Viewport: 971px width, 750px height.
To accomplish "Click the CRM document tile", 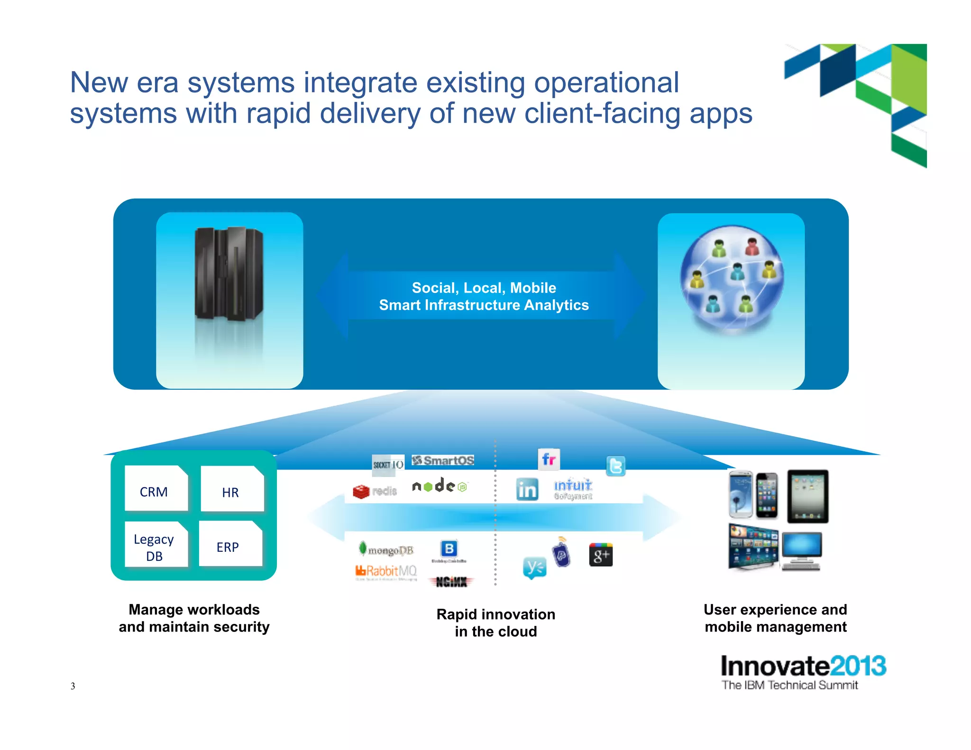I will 156,488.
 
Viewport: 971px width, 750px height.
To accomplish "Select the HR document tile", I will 232,489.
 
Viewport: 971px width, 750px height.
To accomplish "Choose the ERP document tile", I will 230,544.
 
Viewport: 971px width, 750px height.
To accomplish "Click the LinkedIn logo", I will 527,489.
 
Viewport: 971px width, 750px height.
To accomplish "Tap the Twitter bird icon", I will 615,466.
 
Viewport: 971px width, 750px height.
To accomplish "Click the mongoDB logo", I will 386,549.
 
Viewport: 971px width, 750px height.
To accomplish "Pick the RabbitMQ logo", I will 386,571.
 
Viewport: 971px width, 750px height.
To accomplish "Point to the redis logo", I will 375,491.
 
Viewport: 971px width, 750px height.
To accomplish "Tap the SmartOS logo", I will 443,460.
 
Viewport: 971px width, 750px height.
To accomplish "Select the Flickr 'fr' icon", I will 549,459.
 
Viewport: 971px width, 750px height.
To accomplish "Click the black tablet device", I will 807,496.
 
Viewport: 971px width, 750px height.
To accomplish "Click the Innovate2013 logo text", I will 803,666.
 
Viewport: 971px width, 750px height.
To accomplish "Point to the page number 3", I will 73,686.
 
